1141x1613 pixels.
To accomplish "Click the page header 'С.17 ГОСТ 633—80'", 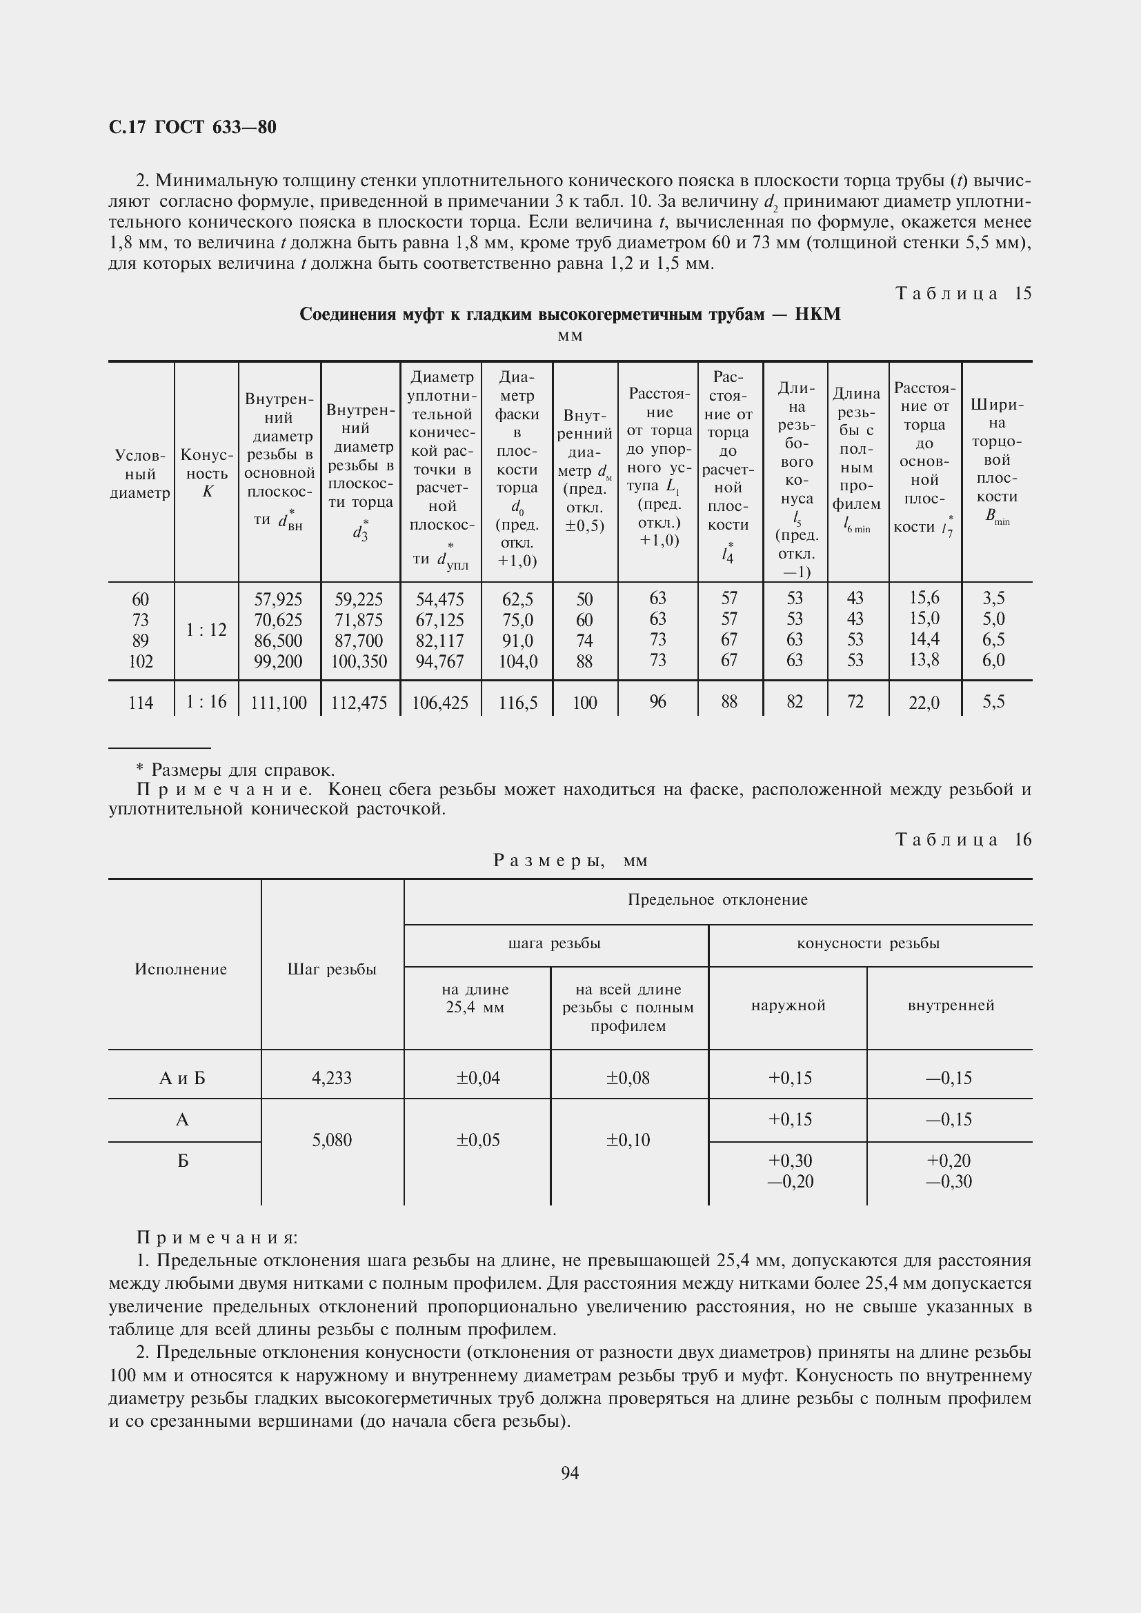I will point(192,127).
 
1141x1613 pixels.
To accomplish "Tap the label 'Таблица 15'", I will point(962,294).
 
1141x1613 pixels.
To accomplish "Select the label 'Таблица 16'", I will point(962,839).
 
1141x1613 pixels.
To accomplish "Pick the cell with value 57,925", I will point(278,599).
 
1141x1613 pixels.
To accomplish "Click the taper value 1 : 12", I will point(206,630).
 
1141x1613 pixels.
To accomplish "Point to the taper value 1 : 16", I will point(206,701).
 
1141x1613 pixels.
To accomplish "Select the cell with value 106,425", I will point(440,703).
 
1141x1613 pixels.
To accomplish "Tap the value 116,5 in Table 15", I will point(517,703).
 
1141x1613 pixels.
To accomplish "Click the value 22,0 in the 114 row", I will point(924,703).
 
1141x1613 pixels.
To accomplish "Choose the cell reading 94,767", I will point(440,661).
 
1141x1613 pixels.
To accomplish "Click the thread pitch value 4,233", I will point(332,1078).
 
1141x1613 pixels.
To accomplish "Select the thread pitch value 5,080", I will point(332,1139).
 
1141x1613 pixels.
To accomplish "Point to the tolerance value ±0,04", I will point(478,1078).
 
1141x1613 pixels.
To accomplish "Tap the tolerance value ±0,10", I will point(628,1139).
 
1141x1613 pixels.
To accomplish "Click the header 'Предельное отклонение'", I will point(717,900).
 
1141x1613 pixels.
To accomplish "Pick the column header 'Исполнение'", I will point(181,970).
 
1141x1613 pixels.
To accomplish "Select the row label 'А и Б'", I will point(182,1078).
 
